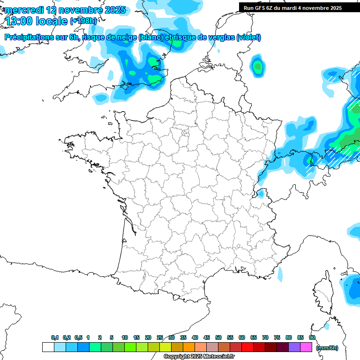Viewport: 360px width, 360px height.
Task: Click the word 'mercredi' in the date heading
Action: [x=24, y=10]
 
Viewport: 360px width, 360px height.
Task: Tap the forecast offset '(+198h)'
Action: [x=83, y=21]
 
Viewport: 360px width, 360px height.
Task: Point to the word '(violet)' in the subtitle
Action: [x=248, y=37]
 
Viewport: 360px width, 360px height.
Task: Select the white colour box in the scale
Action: [x=48, y=347]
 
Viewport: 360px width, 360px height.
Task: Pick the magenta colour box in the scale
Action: [x=306, y=347]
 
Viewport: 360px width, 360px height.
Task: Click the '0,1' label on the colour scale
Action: [x=54, y=338]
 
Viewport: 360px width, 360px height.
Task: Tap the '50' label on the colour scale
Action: [x=218, y=338]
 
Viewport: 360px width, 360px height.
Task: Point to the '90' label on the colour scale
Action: [x=312, y=338]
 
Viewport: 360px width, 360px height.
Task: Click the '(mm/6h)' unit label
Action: [x=327, y=348]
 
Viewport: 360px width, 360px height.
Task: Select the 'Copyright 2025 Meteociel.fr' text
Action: [x=199, y=357]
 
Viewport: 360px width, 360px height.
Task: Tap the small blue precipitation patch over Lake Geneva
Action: [x=261, y=193]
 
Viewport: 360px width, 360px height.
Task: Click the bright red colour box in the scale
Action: [x=247, y=347]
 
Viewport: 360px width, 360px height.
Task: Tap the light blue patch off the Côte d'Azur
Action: [x=280, y=274]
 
